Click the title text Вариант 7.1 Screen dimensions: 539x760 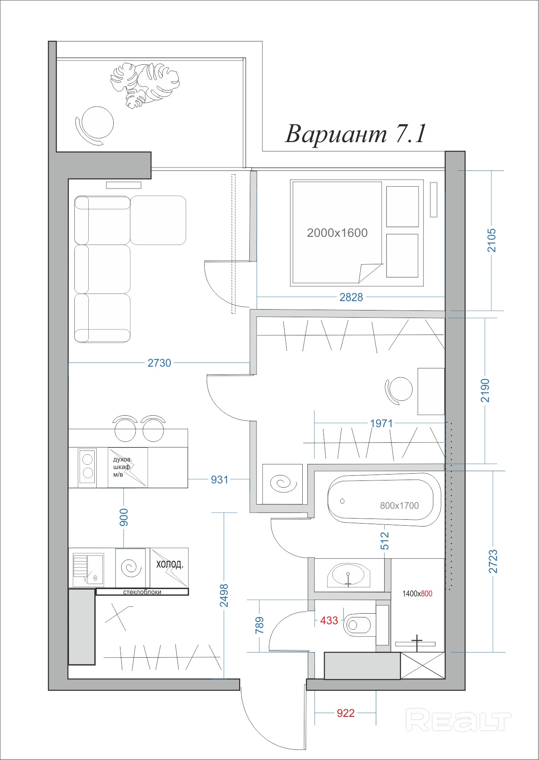coord(356,134)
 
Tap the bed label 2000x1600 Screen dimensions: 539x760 coord(337,233)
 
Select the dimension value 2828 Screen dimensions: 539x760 coord(351,297)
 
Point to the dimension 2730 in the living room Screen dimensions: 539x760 coord(159,363)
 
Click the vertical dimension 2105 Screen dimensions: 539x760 coord(492,240)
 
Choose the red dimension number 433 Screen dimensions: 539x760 coord(329,620)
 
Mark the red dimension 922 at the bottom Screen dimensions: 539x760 coord(345,713)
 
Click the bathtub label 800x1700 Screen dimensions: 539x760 coord(399,505)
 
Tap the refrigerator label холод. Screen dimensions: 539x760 coord(170,564)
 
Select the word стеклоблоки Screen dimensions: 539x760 coord(142,592)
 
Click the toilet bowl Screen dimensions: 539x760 coord(359,625)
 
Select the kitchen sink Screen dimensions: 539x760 coord(88,570)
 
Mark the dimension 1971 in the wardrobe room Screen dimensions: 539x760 coord(381,423)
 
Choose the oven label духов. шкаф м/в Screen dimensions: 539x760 coord(122,467)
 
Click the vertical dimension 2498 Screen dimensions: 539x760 coord(224,595)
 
